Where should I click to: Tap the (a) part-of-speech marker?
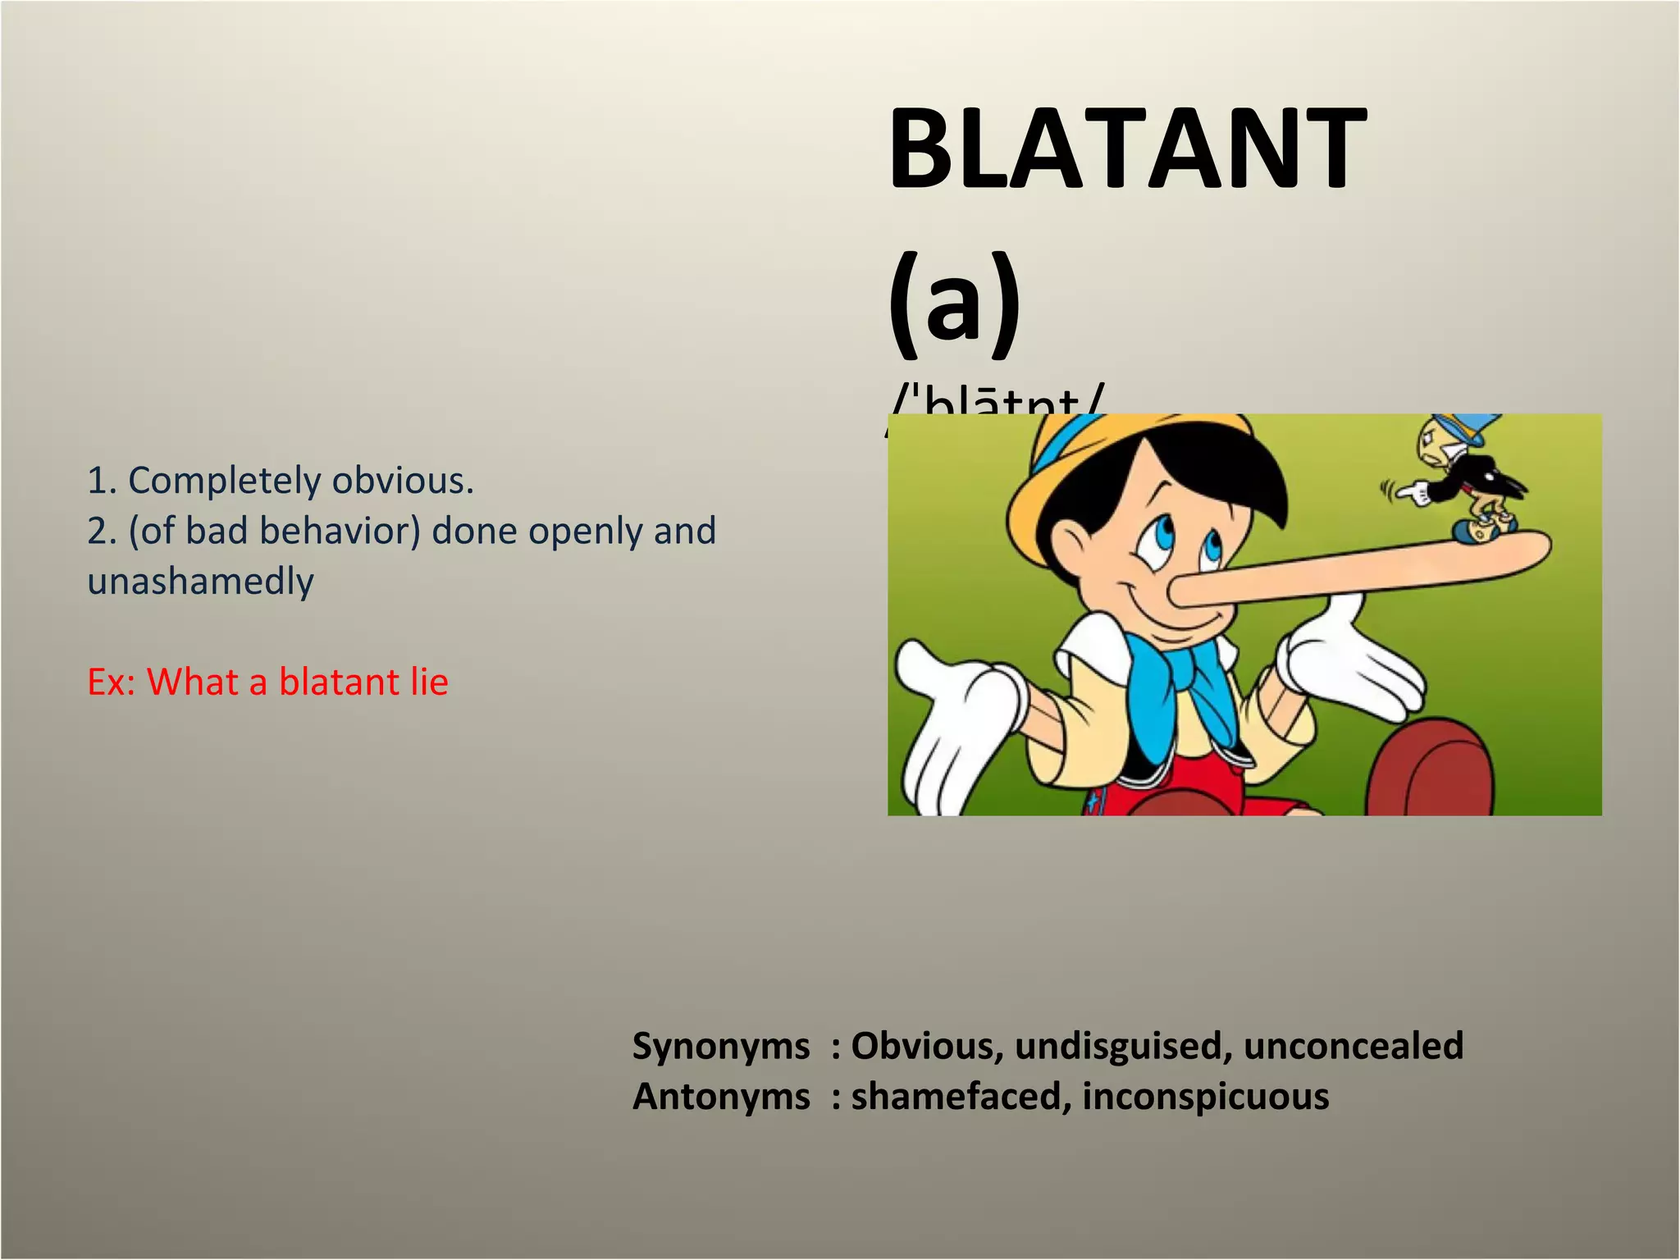pyautogui.click(x=954, y=303)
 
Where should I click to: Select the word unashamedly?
pyautogui.click(x=201, y=582)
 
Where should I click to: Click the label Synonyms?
pyautogui.click(x=720, y=1046)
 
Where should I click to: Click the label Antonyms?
pyautogui.click(x=720, y=1097)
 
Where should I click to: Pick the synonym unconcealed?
pyautogui.click(x=1353, y=1046)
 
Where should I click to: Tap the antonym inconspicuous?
pyautogui.click(x=1205, y=1097)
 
